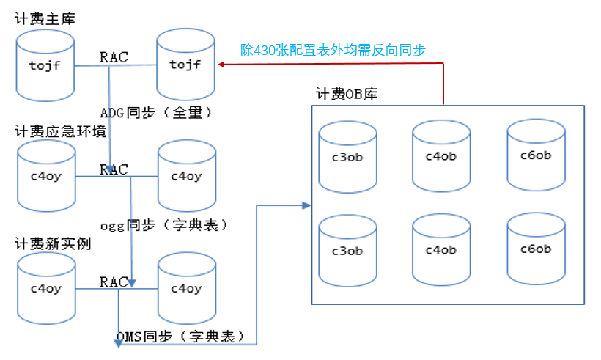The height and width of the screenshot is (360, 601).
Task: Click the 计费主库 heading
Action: [45, 17]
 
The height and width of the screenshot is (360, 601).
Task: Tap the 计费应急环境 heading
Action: [60, 131]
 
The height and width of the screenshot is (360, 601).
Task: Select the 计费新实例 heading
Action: [53, 243]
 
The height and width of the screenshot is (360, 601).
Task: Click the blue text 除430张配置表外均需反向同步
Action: [333, 50]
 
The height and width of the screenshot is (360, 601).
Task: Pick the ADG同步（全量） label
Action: [155, 113]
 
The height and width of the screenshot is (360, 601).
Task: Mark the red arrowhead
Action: [220, 65]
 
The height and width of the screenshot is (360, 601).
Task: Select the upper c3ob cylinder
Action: [347, 156]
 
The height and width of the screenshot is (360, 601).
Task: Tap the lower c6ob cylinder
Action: [536, 249]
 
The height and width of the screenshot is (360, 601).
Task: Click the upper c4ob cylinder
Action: [441, 155]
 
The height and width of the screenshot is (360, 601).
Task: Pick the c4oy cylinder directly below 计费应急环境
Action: [46, 176]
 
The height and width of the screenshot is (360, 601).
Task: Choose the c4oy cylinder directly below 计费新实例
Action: [46, 288]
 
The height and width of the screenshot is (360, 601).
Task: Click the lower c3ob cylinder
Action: [347, 251]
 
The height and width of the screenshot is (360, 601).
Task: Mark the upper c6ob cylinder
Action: [536, 155]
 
